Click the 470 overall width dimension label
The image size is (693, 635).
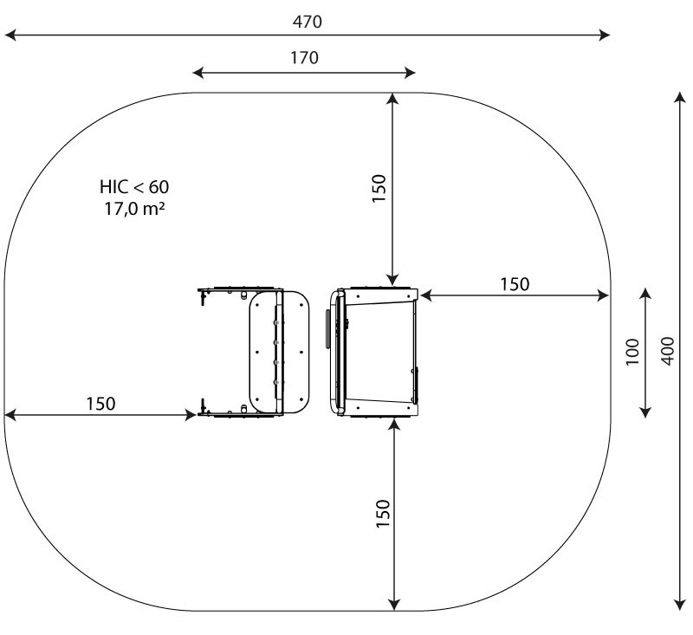(308, 22)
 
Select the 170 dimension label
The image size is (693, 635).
(304, 58)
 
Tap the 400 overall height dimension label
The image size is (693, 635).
(668, 351)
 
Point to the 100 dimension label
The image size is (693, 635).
(632, 352)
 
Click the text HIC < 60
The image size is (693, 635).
(134, 187)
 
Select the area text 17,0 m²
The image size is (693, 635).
(134, 209)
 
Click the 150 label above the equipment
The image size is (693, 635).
(379, 188)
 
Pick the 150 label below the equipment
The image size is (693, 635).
(383, 513)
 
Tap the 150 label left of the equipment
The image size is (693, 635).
(100, 404)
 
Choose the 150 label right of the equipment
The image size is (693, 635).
(515, 284)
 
